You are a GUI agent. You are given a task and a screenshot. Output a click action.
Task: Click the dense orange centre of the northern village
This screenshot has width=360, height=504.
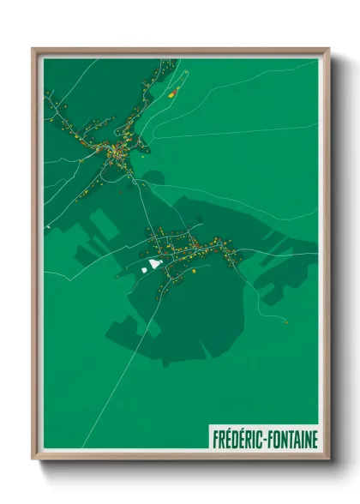click(x=114, y=153)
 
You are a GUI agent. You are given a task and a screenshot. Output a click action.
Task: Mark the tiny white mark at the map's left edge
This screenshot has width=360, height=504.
click(x=49, y=225)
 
